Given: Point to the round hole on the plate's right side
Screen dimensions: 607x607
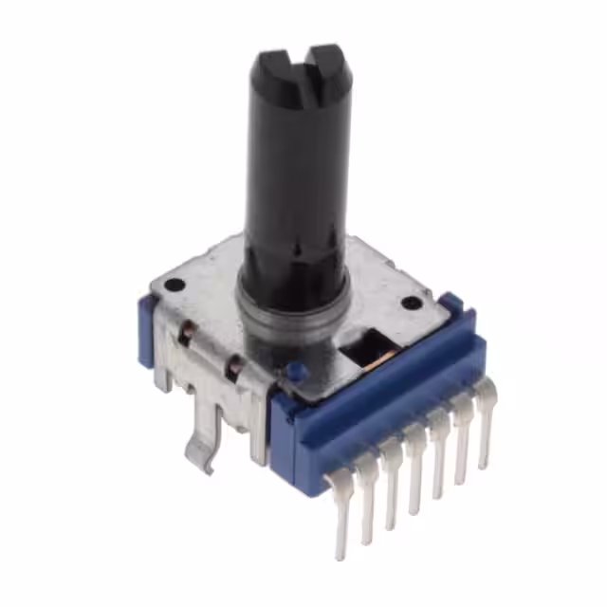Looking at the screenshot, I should pyautogui.click(x=411, y=303).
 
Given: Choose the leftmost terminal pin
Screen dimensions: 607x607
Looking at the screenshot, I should pyautogui.click(x=340, y=517).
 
